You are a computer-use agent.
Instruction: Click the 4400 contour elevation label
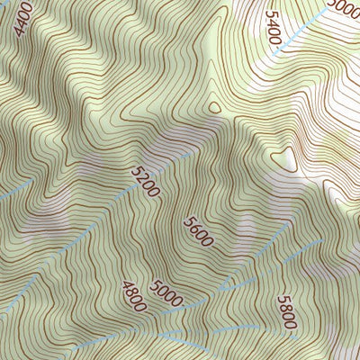tap(23, 19)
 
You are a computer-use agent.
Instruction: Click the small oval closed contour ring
tap(215, 106)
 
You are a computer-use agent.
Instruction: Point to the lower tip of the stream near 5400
tap(274, 51)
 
